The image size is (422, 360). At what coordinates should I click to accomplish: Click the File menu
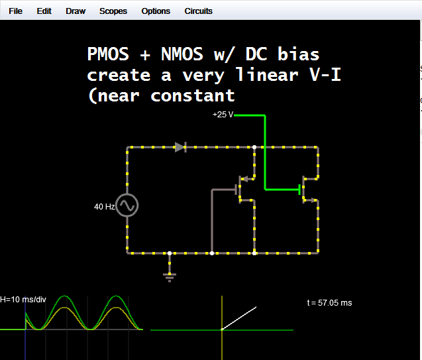[15, 11]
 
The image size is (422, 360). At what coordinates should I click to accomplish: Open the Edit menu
[44, 11]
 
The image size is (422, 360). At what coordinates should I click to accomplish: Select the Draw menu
[76, 11]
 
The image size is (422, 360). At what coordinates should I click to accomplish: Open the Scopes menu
[113, 11]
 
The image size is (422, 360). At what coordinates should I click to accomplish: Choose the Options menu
[156, 11]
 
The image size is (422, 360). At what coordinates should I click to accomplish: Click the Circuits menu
[199, 11]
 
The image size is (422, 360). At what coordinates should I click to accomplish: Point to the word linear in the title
[266, 75]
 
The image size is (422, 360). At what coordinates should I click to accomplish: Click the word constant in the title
[193, 95]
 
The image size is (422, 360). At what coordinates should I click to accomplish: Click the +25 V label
[223, 115]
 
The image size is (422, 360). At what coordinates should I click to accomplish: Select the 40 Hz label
[105, 207]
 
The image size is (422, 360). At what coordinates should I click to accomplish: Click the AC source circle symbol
[127, 206]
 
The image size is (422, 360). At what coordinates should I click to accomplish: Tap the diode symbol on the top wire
[180, 147]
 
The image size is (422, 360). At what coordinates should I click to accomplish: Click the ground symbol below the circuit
[170, 275]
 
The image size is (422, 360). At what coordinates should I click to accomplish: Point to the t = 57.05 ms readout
[329, 303]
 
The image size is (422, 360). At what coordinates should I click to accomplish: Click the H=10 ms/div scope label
[23, 300]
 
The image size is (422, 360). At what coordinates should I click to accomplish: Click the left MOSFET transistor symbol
[242, 188]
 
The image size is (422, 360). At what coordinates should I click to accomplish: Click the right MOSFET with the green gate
[305, 189]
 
